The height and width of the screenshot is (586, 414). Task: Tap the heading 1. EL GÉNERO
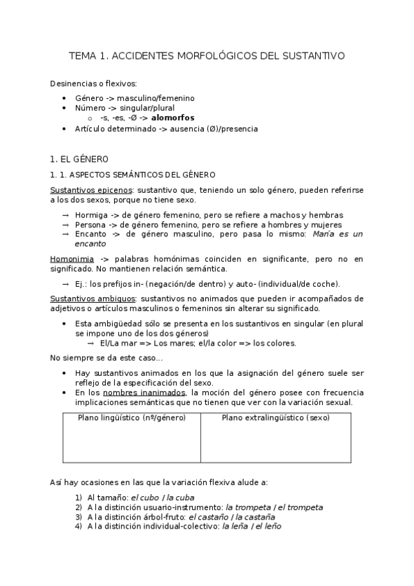pos(79,159)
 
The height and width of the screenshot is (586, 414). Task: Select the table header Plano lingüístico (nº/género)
pos(131,417)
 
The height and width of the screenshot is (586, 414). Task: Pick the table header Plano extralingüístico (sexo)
pos(276,417)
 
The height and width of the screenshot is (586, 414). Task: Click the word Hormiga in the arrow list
pos(91,215)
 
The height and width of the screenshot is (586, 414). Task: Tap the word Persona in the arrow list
pos(91,225)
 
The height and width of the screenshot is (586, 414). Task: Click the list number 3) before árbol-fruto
pos(79,516)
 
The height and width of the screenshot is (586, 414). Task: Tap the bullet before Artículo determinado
pos(64,129)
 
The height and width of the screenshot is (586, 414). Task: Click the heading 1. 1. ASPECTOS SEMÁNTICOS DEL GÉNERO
pos(133,175)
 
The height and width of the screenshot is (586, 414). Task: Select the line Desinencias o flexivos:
pos(93,84)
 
